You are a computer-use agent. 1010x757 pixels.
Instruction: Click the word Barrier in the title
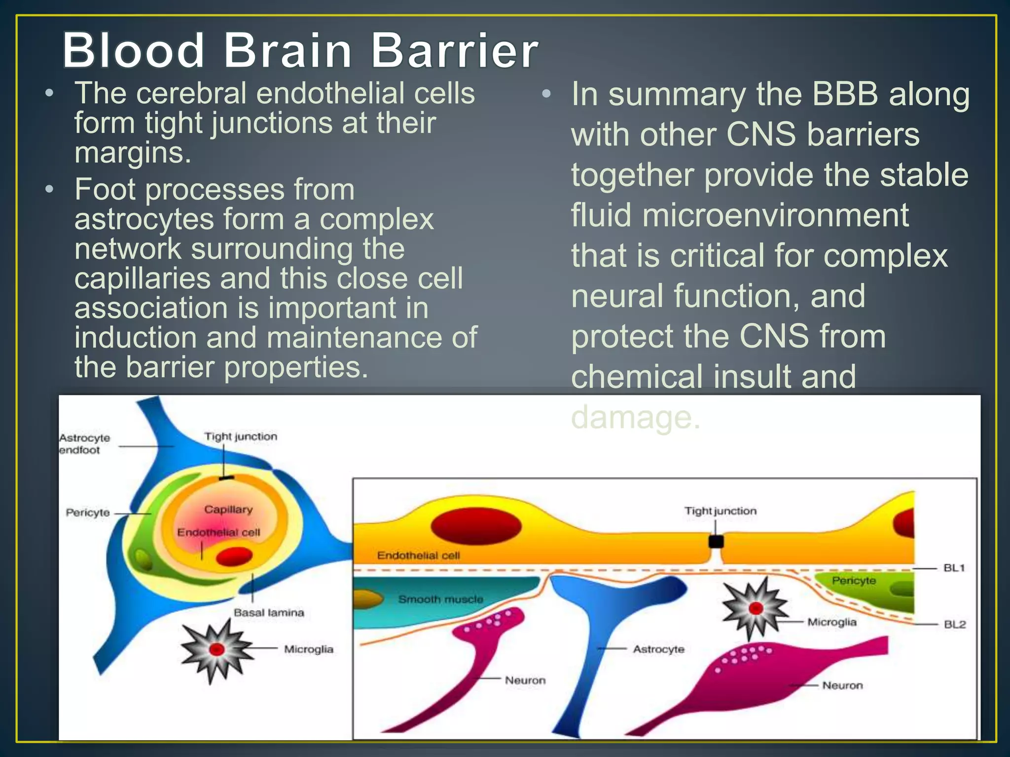454,50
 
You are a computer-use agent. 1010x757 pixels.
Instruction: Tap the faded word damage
635,417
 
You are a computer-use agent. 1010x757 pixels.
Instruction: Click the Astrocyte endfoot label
84,444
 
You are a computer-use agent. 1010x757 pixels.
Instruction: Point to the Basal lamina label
269,613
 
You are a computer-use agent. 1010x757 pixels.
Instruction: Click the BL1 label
954,568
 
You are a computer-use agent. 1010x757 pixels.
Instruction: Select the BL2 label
954,624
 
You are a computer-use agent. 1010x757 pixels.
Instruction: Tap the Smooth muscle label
440,599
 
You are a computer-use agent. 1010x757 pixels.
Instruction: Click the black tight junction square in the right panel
716,542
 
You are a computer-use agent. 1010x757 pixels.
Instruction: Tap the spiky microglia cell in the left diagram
216,650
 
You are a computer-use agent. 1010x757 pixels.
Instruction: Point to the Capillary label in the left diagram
228,509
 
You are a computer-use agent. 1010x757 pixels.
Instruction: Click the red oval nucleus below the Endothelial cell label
234,556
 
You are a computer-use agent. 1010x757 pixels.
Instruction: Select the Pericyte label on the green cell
854,581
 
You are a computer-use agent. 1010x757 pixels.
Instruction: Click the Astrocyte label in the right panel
658,649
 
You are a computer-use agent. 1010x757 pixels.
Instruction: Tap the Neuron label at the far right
842,685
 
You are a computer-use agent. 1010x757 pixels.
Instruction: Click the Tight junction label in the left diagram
241,436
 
